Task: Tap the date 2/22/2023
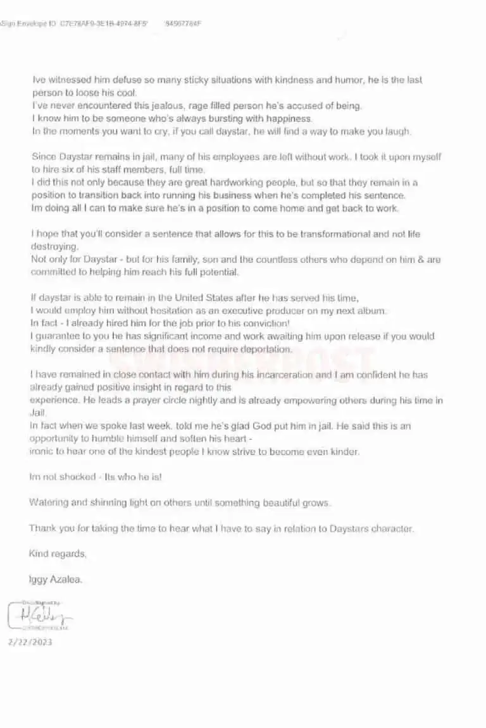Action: [30, 642]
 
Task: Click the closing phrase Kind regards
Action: [57, 554]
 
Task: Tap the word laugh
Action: [397, 131]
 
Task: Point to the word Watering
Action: [49, 502]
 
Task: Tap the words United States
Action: [183, 298]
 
